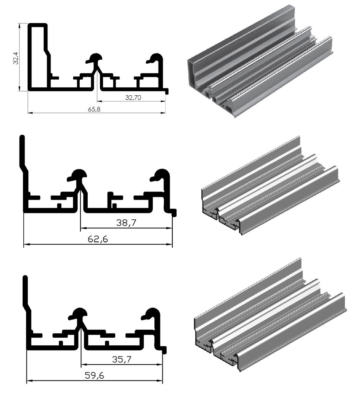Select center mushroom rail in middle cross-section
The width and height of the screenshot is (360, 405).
click(78, 176)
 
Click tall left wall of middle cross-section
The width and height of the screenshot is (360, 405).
click(22, 153)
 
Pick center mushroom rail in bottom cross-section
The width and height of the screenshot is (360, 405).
click(79, 314)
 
